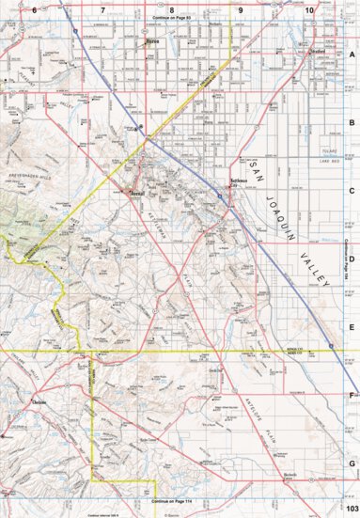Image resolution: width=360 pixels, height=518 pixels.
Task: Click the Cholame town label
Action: click(x=39, y=403)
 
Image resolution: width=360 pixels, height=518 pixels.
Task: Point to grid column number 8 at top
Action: click(x=171, y=8)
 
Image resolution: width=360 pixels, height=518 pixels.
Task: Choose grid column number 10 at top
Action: click(x=309, y=8)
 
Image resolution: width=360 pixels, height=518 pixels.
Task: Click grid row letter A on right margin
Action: click(x=352, y=55)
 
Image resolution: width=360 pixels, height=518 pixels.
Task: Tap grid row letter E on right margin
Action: click(x=352, y=327)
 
